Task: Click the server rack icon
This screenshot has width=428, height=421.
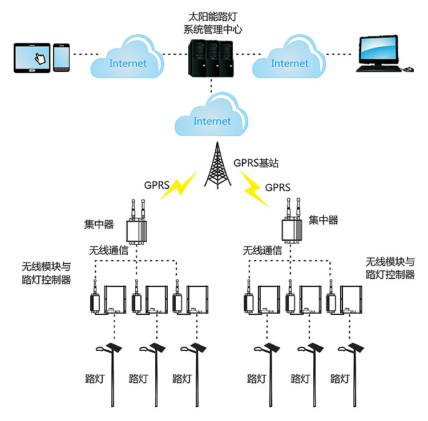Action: pyautogui.click(x=211, y=56)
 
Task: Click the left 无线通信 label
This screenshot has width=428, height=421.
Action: pyautogui.click(x=108, y=250)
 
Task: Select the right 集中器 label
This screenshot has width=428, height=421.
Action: pyautogui.click(x=323, y=220)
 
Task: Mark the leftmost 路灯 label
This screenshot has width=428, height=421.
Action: pyautogui.click(x=95, y=378)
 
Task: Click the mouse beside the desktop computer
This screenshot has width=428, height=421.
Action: pyautogui.click(x=407, y=69)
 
